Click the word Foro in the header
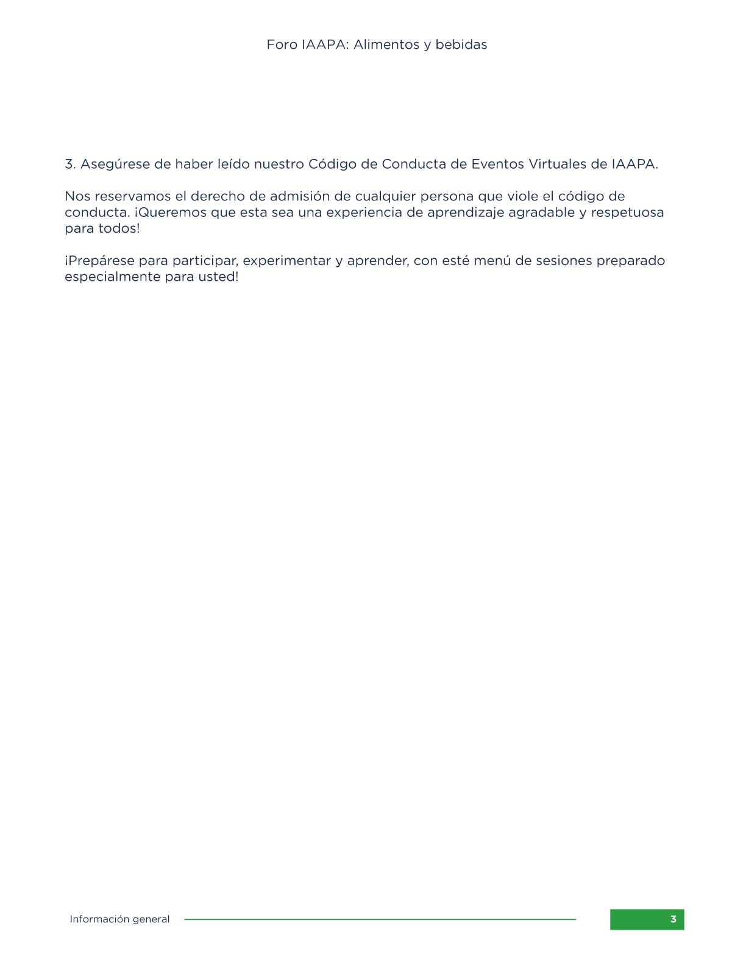(x=282, y=44)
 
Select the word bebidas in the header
(x=461, y=44)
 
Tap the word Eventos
(x=497, y=164)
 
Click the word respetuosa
(x=627, y=213)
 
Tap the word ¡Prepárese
(x=99, y=261)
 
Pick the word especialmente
(x=113, y=277)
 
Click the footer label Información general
(x=119, y=919)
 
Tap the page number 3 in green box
(x=673, y=919)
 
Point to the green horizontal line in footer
(x=380, y=919)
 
